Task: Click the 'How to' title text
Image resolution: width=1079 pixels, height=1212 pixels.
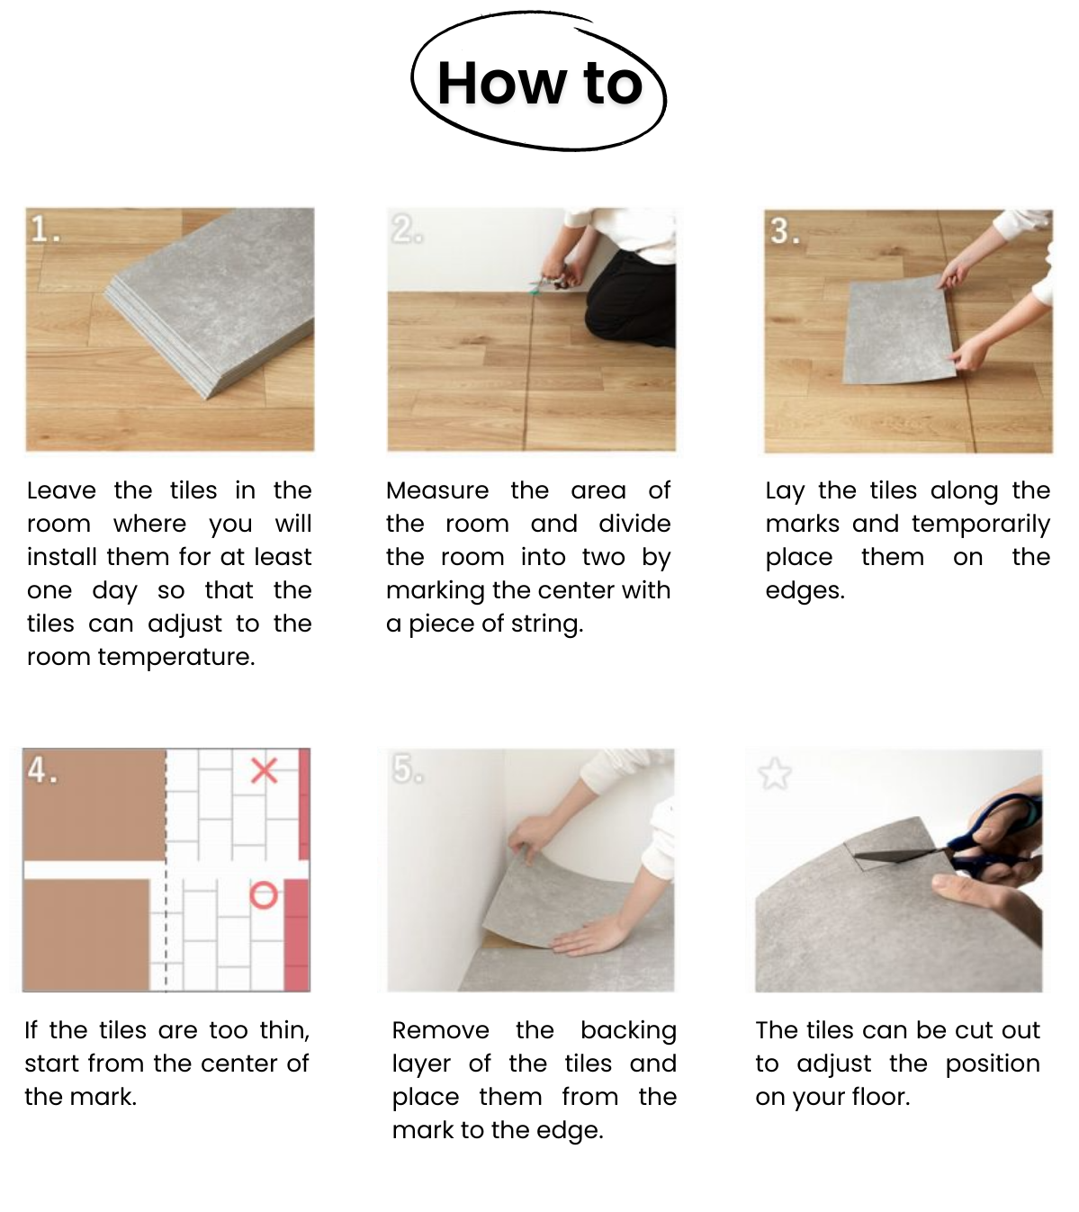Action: (x=539, y=83)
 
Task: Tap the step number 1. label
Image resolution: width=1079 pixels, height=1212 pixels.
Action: (x=46, y=229)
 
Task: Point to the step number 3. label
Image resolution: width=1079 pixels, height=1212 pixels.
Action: (x=785, y=231)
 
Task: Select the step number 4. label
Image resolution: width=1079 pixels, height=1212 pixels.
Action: (x=42, y=770)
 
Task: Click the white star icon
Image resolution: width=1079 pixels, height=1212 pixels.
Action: (x=775, y=774)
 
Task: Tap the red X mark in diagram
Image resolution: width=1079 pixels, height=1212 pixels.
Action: (x=264, y=770)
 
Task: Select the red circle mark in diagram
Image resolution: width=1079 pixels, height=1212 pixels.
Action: (x=264, y=895)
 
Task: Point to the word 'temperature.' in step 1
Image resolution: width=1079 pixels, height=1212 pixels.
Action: (x=176, y=658)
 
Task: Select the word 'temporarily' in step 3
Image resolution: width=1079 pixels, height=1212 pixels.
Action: (x=981, y=525)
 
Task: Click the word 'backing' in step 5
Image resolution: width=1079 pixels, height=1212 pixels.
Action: (x=628, y=1031)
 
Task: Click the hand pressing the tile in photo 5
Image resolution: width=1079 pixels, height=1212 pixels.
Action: (x=589, y=937)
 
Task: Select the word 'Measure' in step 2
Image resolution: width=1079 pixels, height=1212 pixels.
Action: (x=437, y=491)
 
